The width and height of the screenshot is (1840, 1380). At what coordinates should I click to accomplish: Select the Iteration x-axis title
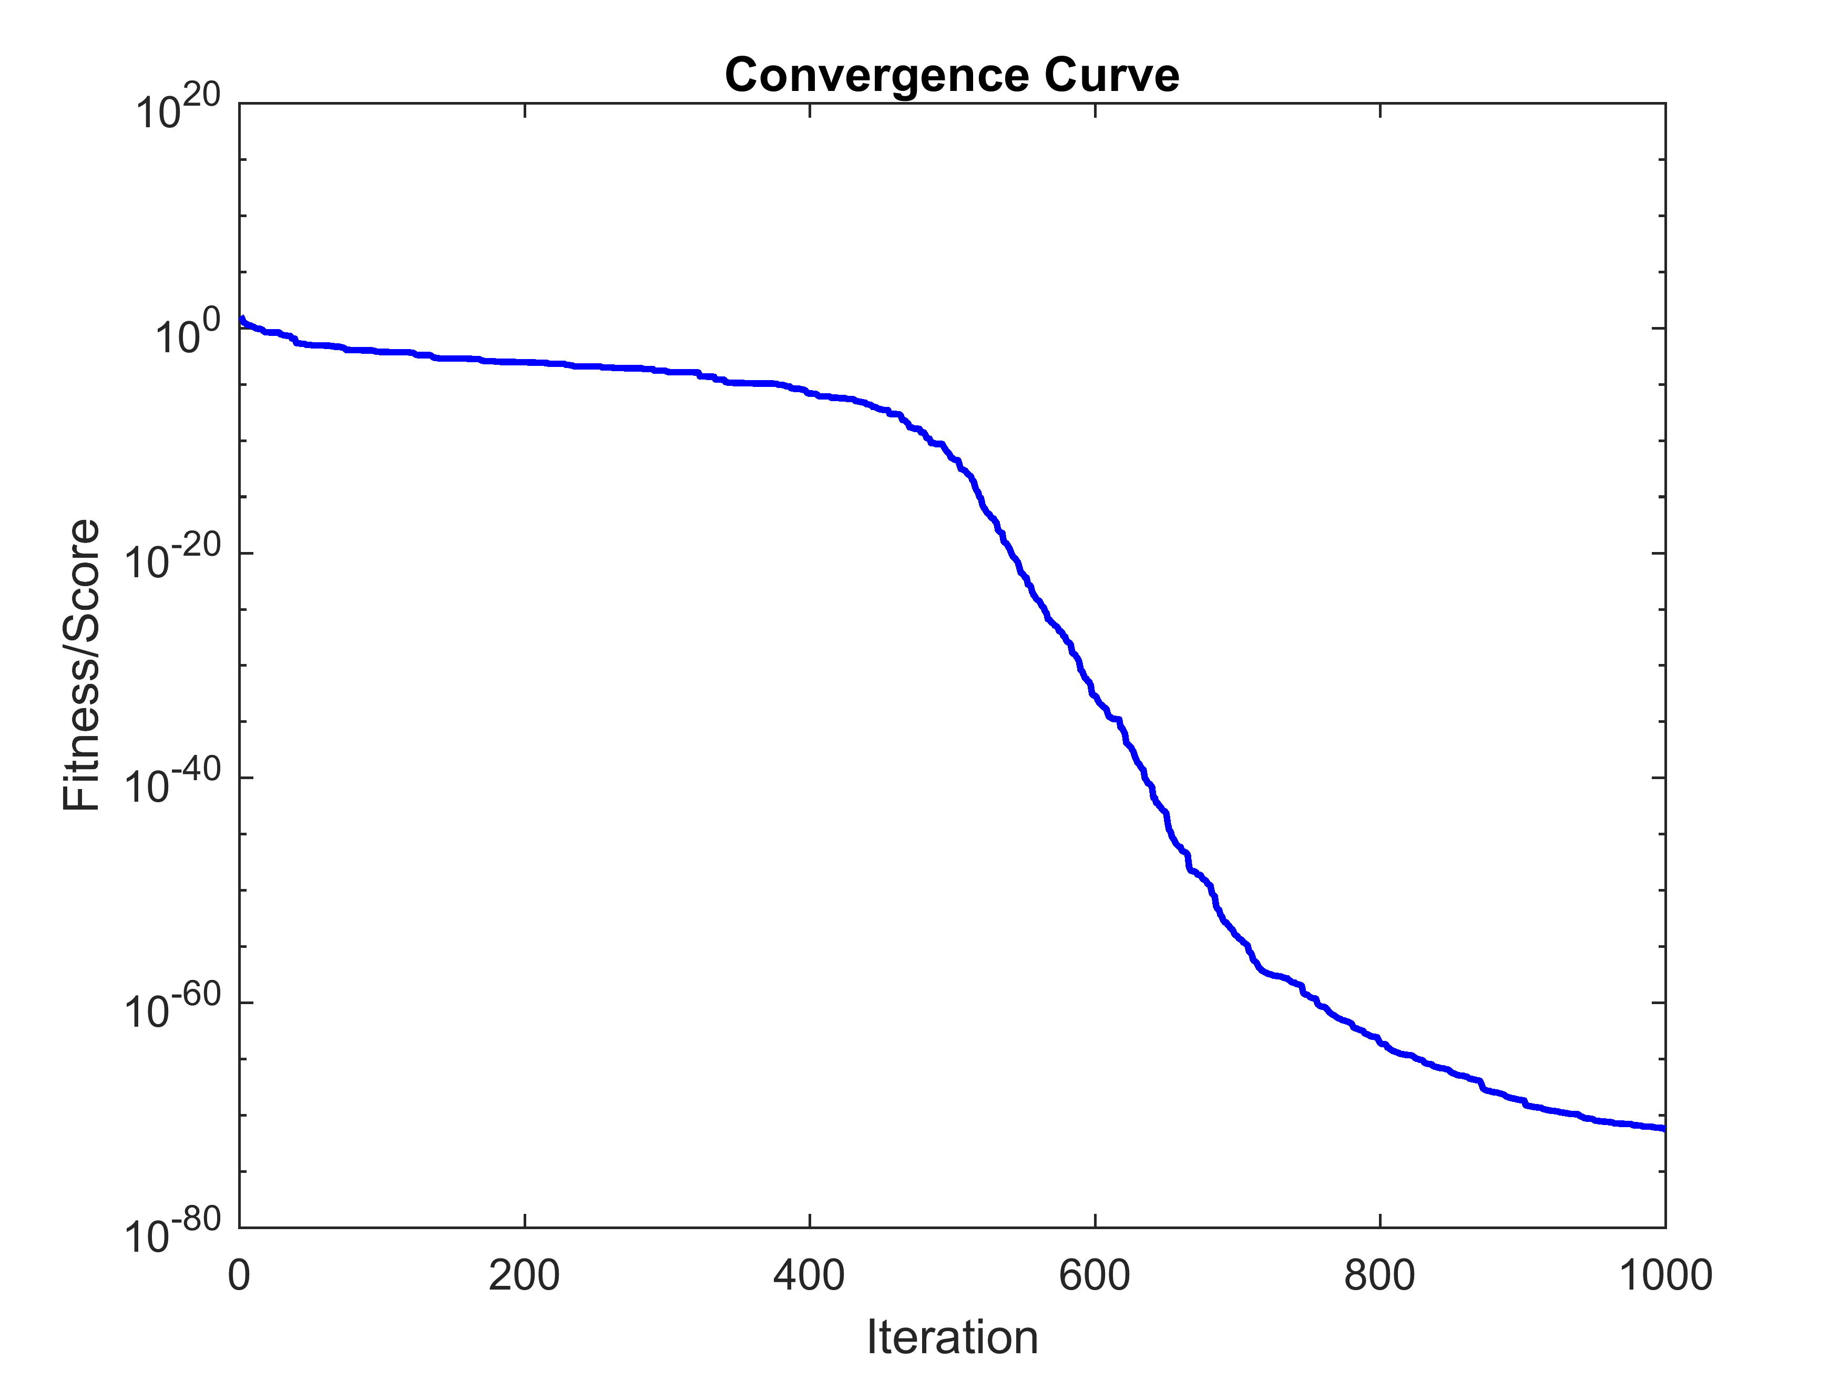click(953, 1337)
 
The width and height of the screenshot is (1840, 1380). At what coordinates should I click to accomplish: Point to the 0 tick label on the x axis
click(240, 1275)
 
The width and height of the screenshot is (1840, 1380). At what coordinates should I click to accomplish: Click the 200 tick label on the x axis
click(524, 1275)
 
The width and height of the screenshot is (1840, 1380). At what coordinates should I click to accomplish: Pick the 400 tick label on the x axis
click(810, 1275)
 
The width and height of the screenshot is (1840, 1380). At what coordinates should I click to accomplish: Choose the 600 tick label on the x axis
click(1095, 1275)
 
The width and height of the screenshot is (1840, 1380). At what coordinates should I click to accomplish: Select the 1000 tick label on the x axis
click(1664, 1275)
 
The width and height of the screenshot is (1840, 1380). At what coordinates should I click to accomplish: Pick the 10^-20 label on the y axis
click(173, 559)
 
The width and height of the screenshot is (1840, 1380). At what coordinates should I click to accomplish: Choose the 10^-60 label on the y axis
click(173, 1009)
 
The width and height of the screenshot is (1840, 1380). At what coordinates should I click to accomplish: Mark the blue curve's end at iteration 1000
click(1664, 1129)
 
